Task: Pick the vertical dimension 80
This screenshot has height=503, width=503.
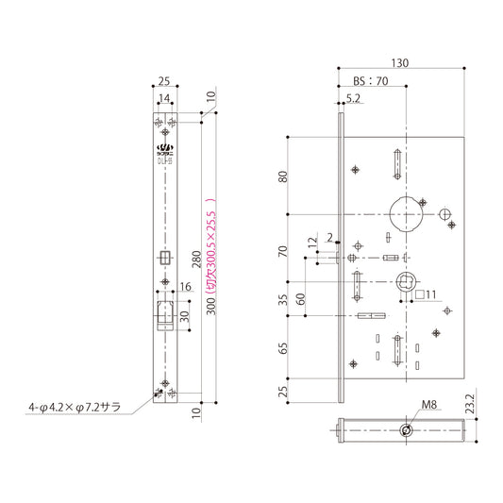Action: pos(282,177)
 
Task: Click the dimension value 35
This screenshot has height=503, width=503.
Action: pos(282,302)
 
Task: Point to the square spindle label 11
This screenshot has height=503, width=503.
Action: pos(425,294)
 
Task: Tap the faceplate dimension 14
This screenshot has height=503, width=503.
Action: pos(165,98)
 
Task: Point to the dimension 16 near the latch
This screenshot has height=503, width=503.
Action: pos(185,287)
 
